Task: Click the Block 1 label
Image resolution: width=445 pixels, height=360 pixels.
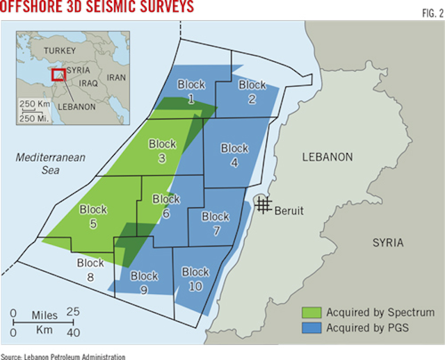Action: (191, 91)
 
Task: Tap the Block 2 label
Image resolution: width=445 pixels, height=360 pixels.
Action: (252, 91)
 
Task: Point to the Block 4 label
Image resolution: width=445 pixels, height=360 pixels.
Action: (234, 154)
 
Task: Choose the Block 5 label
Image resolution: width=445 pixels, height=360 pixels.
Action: (93, 215)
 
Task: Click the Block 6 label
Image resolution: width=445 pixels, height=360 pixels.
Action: (165, 206)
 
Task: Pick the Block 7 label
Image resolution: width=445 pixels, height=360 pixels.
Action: (216, 223)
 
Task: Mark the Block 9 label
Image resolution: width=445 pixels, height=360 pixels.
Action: (144, 283)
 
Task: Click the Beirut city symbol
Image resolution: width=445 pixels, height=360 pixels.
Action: (262, 204)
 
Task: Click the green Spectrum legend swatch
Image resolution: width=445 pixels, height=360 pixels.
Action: (310, 312)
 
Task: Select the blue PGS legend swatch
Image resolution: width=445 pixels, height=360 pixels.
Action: (310, 327)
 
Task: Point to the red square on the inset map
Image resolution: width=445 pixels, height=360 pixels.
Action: (58, 76)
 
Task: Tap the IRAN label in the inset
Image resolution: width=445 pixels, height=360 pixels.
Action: (116, 78)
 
